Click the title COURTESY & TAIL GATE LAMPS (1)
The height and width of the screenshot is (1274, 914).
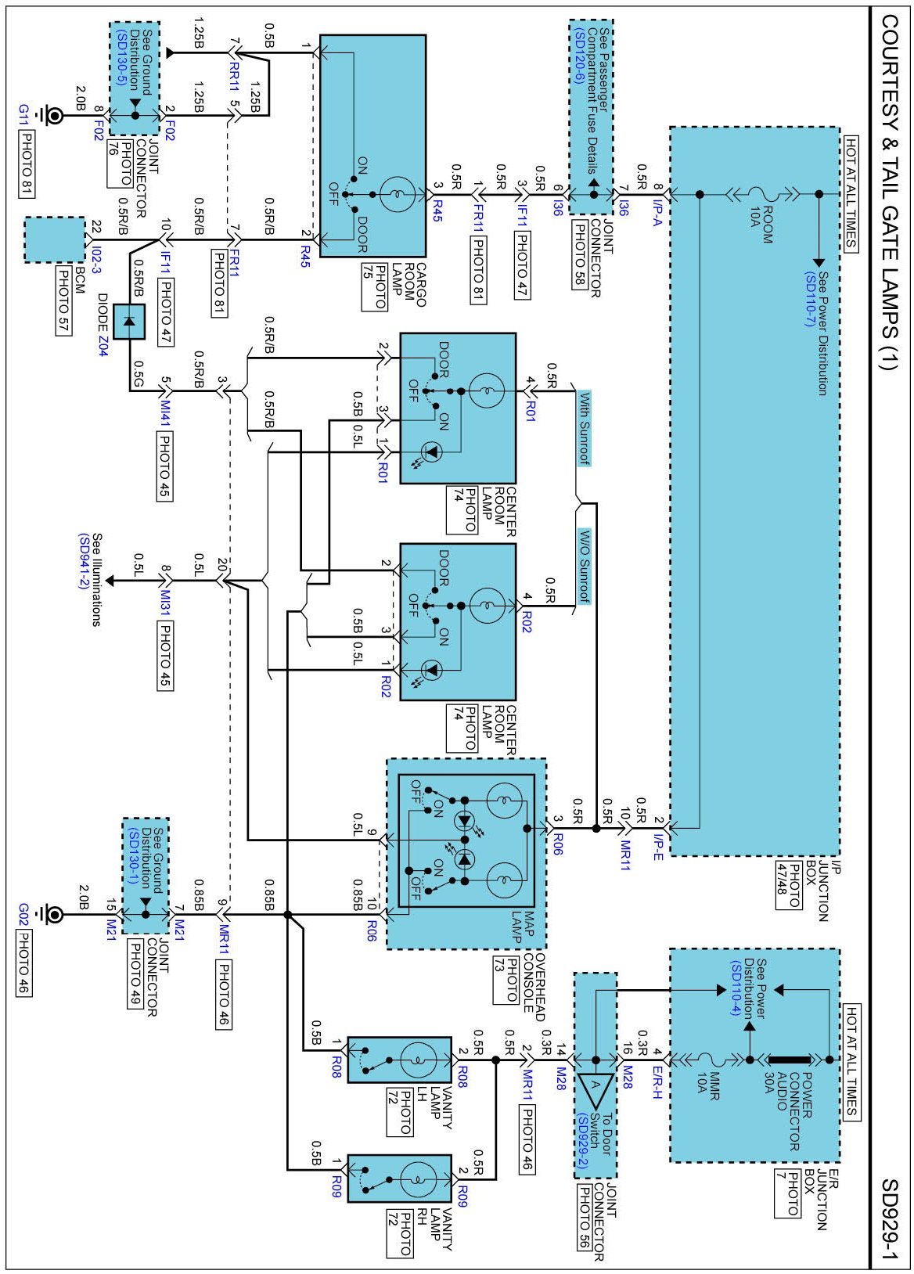pos(890,191)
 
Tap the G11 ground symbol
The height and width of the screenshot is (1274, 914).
pos(54,116)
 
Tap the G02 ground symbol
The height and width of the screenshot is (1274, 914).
pos(54,914)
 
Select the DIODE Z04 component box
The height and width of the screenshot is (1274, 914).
pos(129,322)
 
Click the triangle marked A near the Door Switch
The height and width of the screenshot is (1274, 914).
pos(595,1083)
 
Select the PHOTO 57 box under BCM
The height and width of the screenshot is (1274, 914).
pos(63,301)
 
